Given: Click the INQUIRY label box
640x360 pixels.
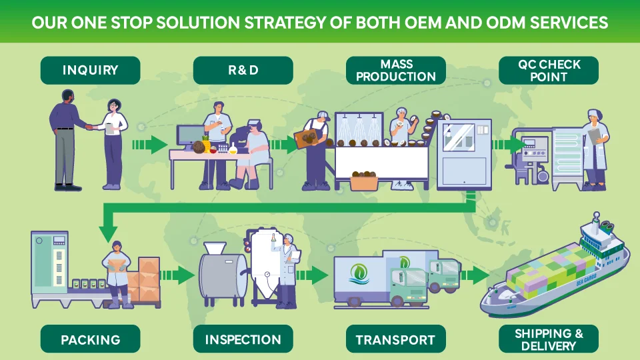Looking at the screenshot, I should pos(91,70).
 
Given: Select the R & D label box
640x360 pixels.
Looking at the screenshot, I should pos(243,70).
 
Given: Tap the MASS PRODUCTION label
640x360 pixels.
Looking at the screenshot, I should pos(396,70).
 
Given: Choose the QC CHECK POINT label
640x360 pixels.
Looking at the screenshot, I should pos(549,70).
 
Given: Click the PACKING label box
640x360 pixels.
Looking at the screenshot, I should pos(91,339).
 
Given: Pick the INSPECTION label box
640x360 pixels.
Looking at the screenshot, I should pos(243,339).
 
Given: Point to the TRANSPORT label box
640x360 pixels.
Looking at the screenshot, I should pos(396,339).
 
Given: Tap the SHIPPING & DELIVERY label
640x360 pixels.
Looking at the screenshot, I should pos(549,339).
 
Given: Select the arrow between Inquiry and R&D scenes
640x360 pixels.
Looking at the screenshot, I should pos(150,144).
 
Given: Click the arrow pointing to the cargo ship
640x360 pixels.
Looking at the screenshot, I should pos(475,275).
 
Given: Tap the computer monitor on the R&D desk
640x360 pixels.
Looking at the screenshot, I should pos(189,135).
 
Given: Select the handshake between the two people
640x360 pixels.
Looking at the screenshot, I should pos(90,125).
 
